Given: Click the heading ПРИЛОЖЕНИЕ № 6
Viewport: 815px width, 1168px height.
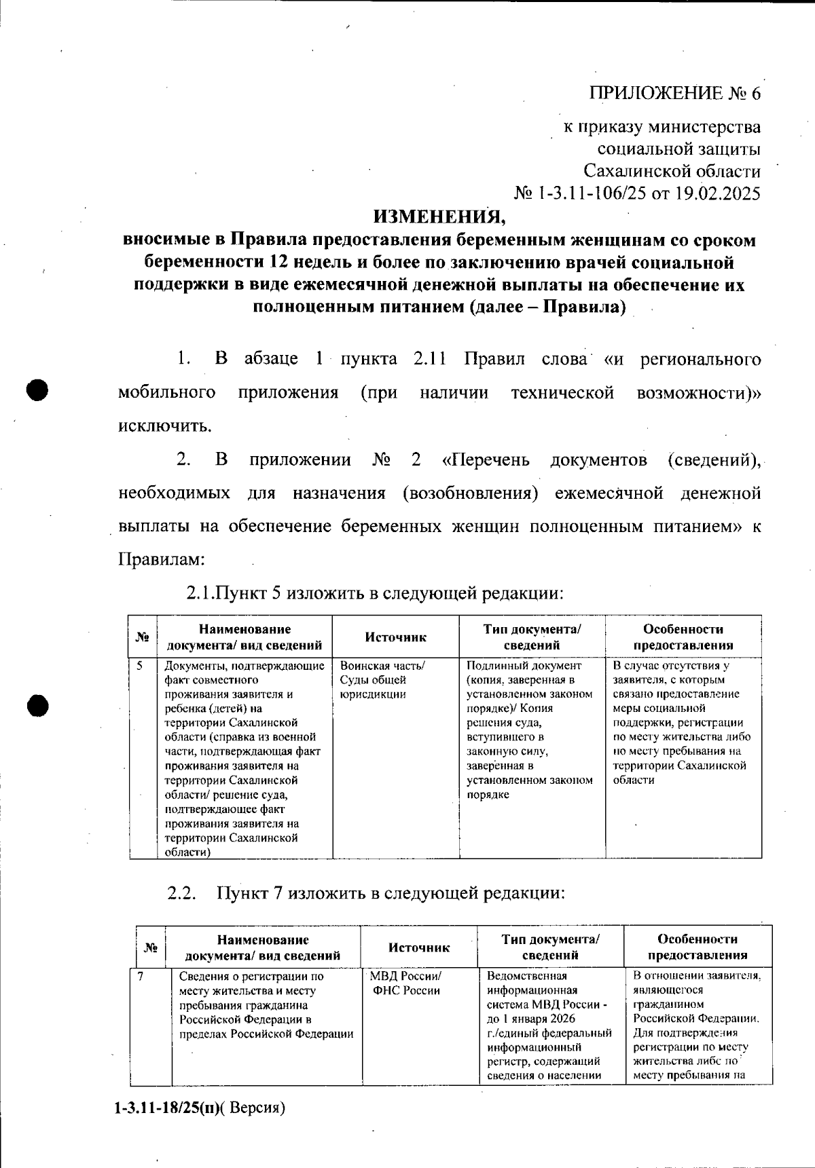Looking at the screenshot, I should pos(674,93).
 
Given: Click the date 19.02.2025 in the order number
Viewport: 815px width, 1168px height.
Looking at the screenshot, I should pos(718,194).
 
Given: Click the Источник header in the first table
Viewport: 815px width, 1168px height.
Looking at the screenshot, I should pos(395,637).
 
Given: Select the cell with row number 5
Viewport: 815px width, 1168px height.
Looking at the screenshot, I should pos(139,666).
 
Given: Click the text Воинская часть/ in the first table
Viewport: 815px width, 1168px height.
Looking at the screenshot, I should pos(382,666).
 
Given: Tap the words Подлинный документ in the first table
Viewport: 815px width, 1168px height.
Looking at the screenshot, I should pos(524,666).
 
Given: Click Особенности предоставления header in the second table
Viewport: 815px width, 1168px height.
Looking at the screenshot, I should pos(697,947).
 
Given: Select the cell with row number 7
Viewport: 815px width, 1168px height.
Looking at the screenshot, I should pos(141,977).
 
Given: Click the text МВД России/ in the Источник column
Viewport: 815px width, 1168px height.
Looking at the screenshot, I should pos(405,977).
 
